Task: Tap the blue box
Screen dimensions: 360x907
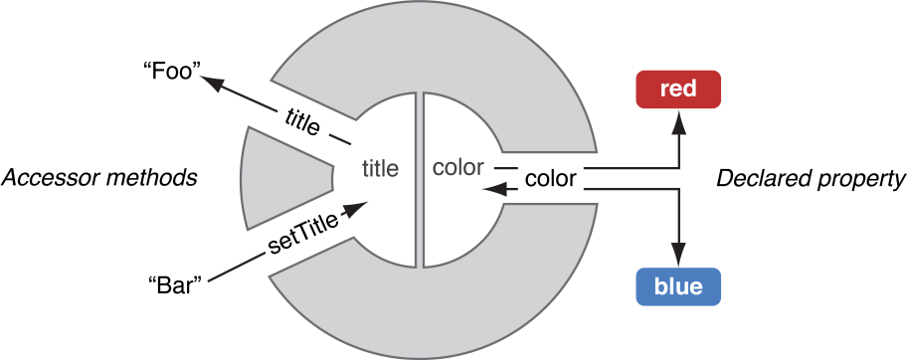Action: (x=677, y=287)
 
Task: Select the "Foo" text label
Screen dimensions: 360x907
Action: (x=172, y=72)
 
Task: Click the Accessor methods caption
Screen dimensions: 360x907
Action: (x=98, y=179)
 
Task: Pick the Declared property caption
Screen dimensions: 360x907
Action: (x=811, y=179)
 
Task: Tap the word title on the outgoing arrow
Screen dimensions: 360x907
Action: (x=302, y=122)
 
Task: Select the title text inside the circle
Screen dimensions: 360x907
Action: (x=380, y=169)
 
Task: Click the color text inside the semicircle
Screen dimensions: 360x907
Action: (x=458, y=167)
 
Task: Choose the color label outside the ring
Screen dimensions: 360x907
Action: (x=550, y=179)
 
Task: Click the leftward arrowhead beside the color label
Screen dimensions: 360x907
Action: (x=487, y=186)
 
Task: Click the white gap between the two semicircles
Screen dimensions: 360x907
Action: (x=419, y=180)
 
